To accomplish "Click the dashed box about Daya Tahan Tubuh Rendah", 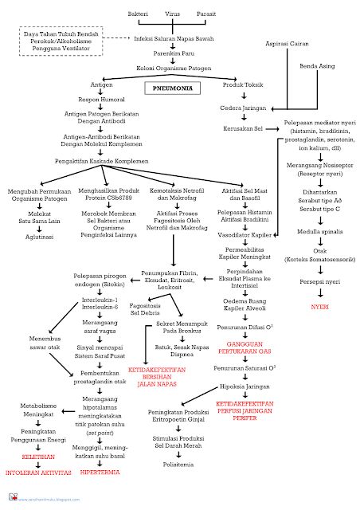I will [61, 39].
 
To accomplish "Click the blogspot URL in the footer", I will [48, 499].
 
